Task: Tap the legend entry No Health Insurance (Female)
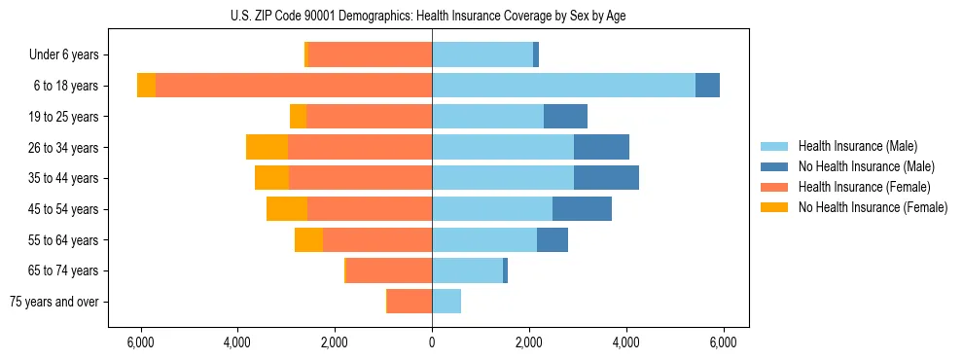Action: point(873,207)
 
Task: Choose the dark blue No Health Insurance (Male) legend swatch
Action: point(774,166)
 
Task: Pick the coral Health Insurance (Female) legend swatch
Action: point(774,187)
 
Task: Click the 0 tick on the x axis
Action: point(432,342)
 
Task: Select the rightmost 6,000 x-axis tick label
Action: point(723,342)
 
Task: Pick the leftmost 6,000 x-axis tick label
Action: point(141,342)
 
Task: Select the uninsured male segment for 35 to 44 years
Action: point(606,178)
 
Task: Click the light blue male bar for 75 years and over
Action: point(446,302)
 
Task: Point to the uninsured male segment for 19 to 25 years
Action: point(565,117)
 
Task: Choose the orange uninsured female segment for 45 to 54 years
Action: point(287,209)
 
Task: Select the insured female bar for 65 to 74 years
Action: point(389,270)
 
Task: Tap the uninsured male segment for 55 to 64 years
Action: point(553,240)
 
